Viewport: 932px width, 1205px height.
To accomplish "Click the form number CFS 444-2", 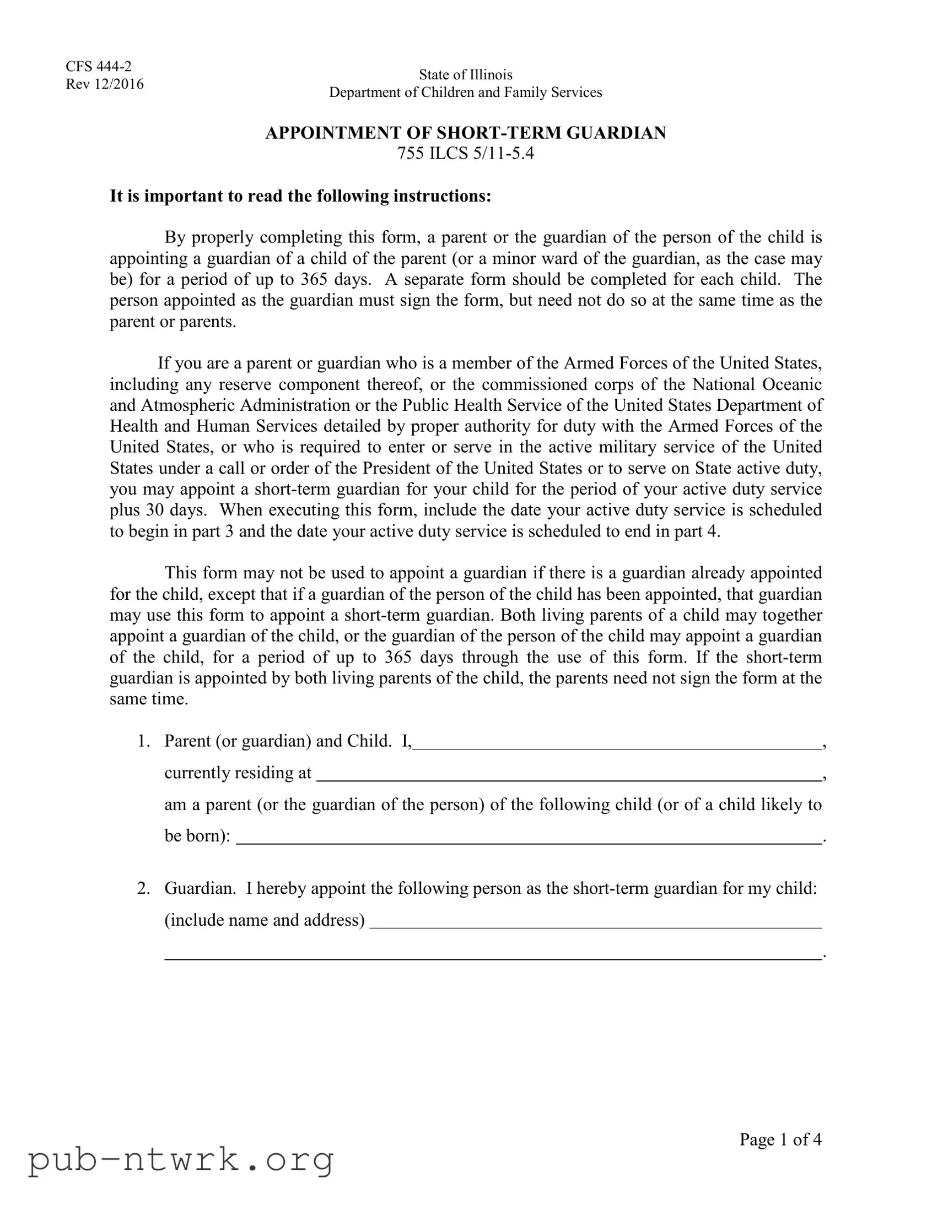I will click(x=98, y=66).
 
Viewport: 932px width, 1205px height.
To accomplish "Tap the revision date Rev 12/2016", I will click(x=104, y=84).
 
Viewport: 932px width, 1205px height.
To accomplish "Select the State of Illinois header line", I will click(x=465, y=74).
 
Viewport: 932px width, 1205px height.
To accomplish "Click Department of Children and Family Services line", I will click(x=465, y=92).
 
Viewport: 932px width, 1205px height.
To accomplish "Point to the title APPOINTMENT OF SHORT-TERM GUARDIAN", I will click(x=465, y=132).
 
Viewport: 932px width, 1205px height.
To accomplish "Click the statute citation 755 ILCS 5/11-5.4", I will click(x=465, y=153).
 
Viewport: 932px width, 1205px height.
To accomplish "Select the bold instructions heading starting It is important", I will click(x=300, y=196).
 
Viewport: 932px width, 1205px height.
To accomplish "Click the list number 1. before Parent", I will click(x=143, y=740).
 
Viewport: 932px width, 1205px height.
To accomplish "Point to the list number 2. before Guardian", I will click(x=143, y=888).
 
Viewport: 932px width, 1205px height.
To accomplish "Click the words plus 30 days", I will click(x=158, y=510).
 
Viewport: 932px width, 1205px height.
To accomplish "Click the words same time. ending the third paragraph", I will click(x=148, y=699).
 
